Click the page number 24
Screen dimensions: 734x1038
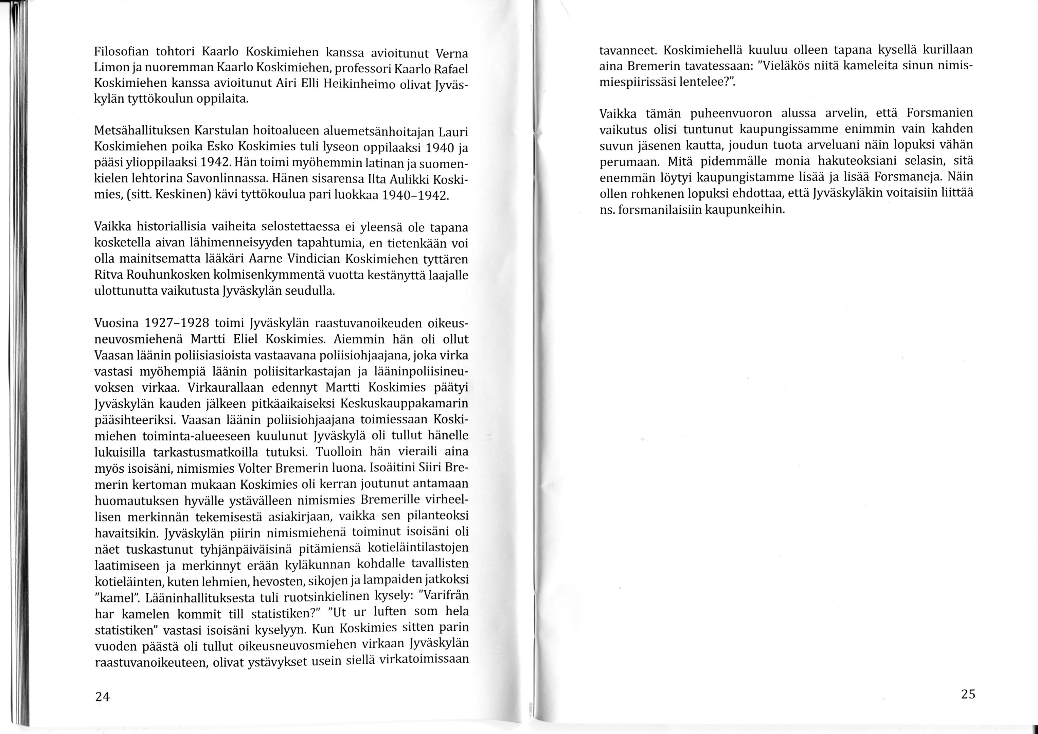tap(102, 697)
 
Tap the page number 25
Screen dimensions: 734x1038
tap(968, 694)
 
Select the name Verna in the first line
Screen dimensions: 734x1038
tap(452, 54)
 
